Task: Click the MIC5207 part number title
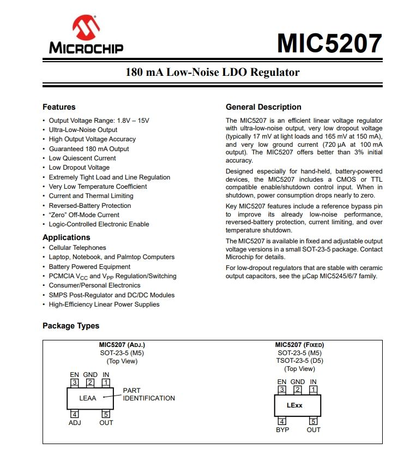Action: [x=329, y=43]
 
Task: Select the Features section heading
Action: [x=59, y=107]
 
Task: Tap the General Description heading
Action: [x=263, y=107]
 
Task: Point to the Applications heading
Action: [x=67, y=237]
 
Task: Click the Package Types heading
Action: [x=71, y=326]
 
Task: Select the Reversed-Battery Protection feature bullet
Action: [x=90, y=206]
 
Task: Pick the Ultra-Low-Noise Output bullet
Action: [x=83, y=130]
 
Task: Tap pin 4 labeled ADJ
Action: [x=75, y=415]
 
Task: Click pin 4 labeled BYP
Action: [x=282, y=421]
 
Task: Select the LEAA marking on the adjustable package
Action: [x=88, y=398]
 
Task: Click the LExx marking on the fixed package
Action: [x=295, y=405]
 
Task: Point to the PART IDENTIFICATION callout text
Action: [x=149, y=394]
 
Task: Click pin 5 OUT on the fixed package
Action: [x=313, y=421]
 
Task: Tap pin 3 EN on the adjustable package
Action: [x=75, y=383]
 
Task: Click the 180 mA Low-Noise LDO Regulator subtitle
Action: [x=213, y=72]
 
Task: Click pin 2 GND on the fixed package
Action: [x=298, y=390]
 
